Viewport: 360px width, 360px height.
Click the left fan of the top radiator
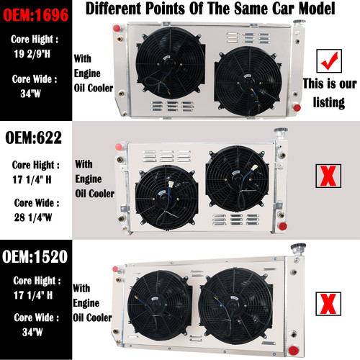(161, 63)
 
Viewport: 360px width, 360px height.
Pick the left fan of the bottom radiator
(159, 310)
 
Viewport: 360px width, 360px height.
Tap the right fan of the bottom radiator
(232, 310)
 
